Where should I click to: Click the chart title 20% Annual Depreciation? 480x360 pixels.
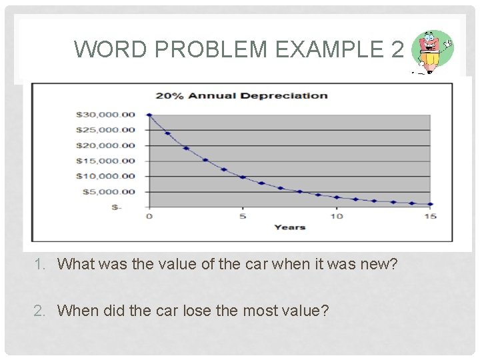point(241,95)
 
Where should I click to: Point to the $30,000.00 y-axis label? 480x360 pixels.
point(105,115)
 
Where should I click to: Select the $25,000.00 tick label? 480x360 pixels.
point(105,130)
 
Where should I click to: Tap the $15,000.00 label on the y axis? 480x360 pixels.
point(105,161)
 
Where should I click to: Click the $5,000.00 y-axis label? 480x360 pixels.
point(108,192)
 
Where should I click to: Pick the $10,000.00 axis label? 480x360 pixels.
point(105,176)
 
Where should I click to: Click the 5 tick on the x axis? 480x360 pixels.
point(243,216)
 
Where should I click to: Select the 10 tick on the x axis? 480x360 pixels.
point(337,216)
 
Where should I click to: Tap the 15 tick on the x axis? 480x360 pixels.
point(431,216)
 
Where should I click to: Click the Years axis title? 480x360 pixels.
point(289,227)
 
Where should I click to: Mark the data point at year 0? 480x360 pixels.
point(149,115)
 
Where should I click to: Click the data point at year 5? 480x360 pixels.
point(243,177)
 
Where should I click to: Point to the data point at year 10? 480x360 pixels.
point(337,197)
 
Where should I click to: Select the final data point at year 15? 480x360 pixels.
point(431,204)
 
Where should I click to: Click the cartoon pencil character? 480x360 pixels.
point(431,51)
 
